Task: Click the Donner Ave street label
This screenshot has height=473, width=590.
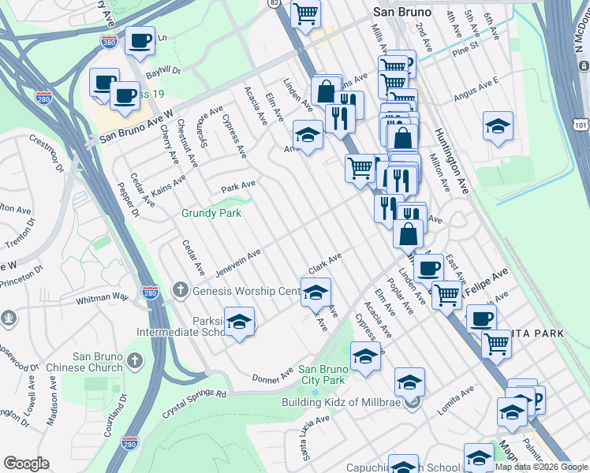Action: tap(272, 374)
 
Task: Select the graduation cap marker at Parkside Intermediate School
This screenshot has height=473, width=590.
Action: tap(239, 322)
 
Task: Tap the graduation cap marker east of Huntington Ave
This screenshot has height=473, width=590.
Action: tap(498, 126)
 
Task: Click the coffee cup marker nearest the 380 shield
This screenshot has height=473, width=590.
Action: tap(140, 41)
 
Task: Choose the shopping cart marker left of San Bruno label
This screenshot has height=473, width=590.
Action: tap(305, 13)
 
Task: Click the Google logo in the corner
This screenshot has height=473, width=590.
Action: tap(26, 464)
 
